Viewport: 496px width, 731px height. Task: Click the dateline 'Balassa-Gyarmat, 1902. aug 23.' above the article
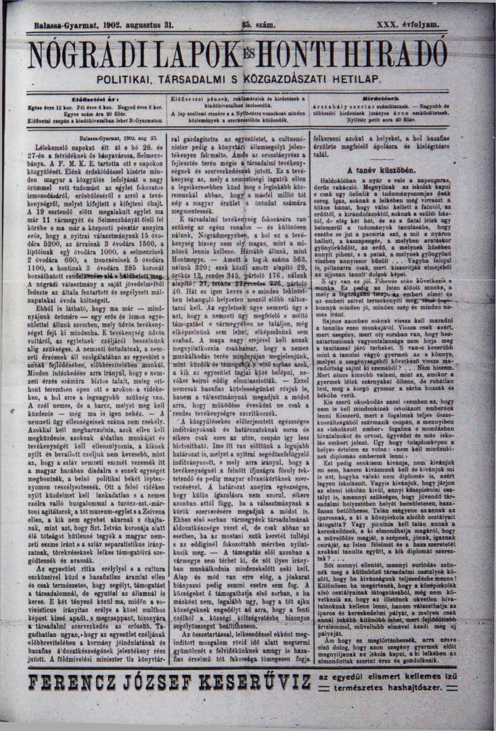click(95, 137)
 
